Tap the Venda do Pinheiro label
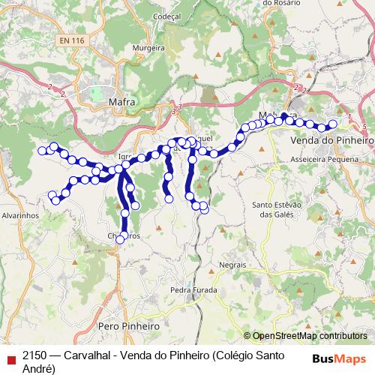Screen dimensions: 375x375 click(x=331, y=140)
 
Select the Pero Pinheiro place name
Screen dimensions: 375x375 click(x=129, y=327)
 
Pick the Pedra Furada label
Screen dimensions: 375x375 click(x=193, y=289)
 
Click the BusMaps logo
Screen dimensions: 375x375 click(x=339, y=358)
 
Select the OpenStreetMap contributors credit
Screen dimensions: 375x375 click(x=310, y=337)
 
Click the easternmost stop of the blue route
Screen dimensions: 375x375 click(x=333, y=125)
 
